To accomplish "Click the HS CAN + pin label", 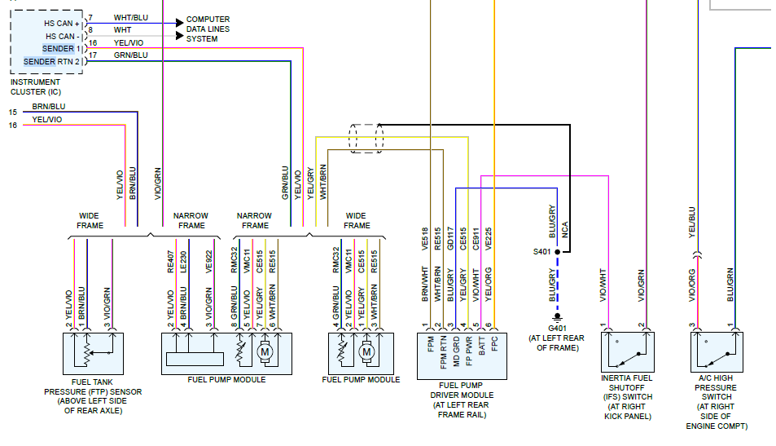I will (x=61, y=24).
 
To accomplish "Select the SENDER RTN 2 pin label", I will (x=51, y=61).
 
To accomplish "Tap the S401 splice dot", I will (x=557, y=252).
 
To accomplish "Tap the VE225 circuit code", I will (x=488, y=237).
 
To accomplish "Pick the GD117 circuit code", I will (x=450, y=237).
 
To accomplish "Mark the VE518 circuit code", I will (x=425, y=237).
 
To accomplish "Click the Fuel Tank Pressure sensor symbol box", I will (x=92, y=353).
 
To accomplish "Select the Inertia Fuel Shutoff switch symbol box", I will (x=627, y=352).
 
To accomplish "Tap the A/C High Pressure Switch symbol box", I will (x=717, y=352).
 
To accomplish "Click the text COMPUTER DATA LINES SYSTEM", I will (x=208, y=29).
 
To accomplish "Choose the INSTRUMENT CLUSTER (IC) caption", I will (x=35, y=86).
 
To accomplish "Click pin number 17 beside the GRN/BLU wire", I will (x=92, y=55).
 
